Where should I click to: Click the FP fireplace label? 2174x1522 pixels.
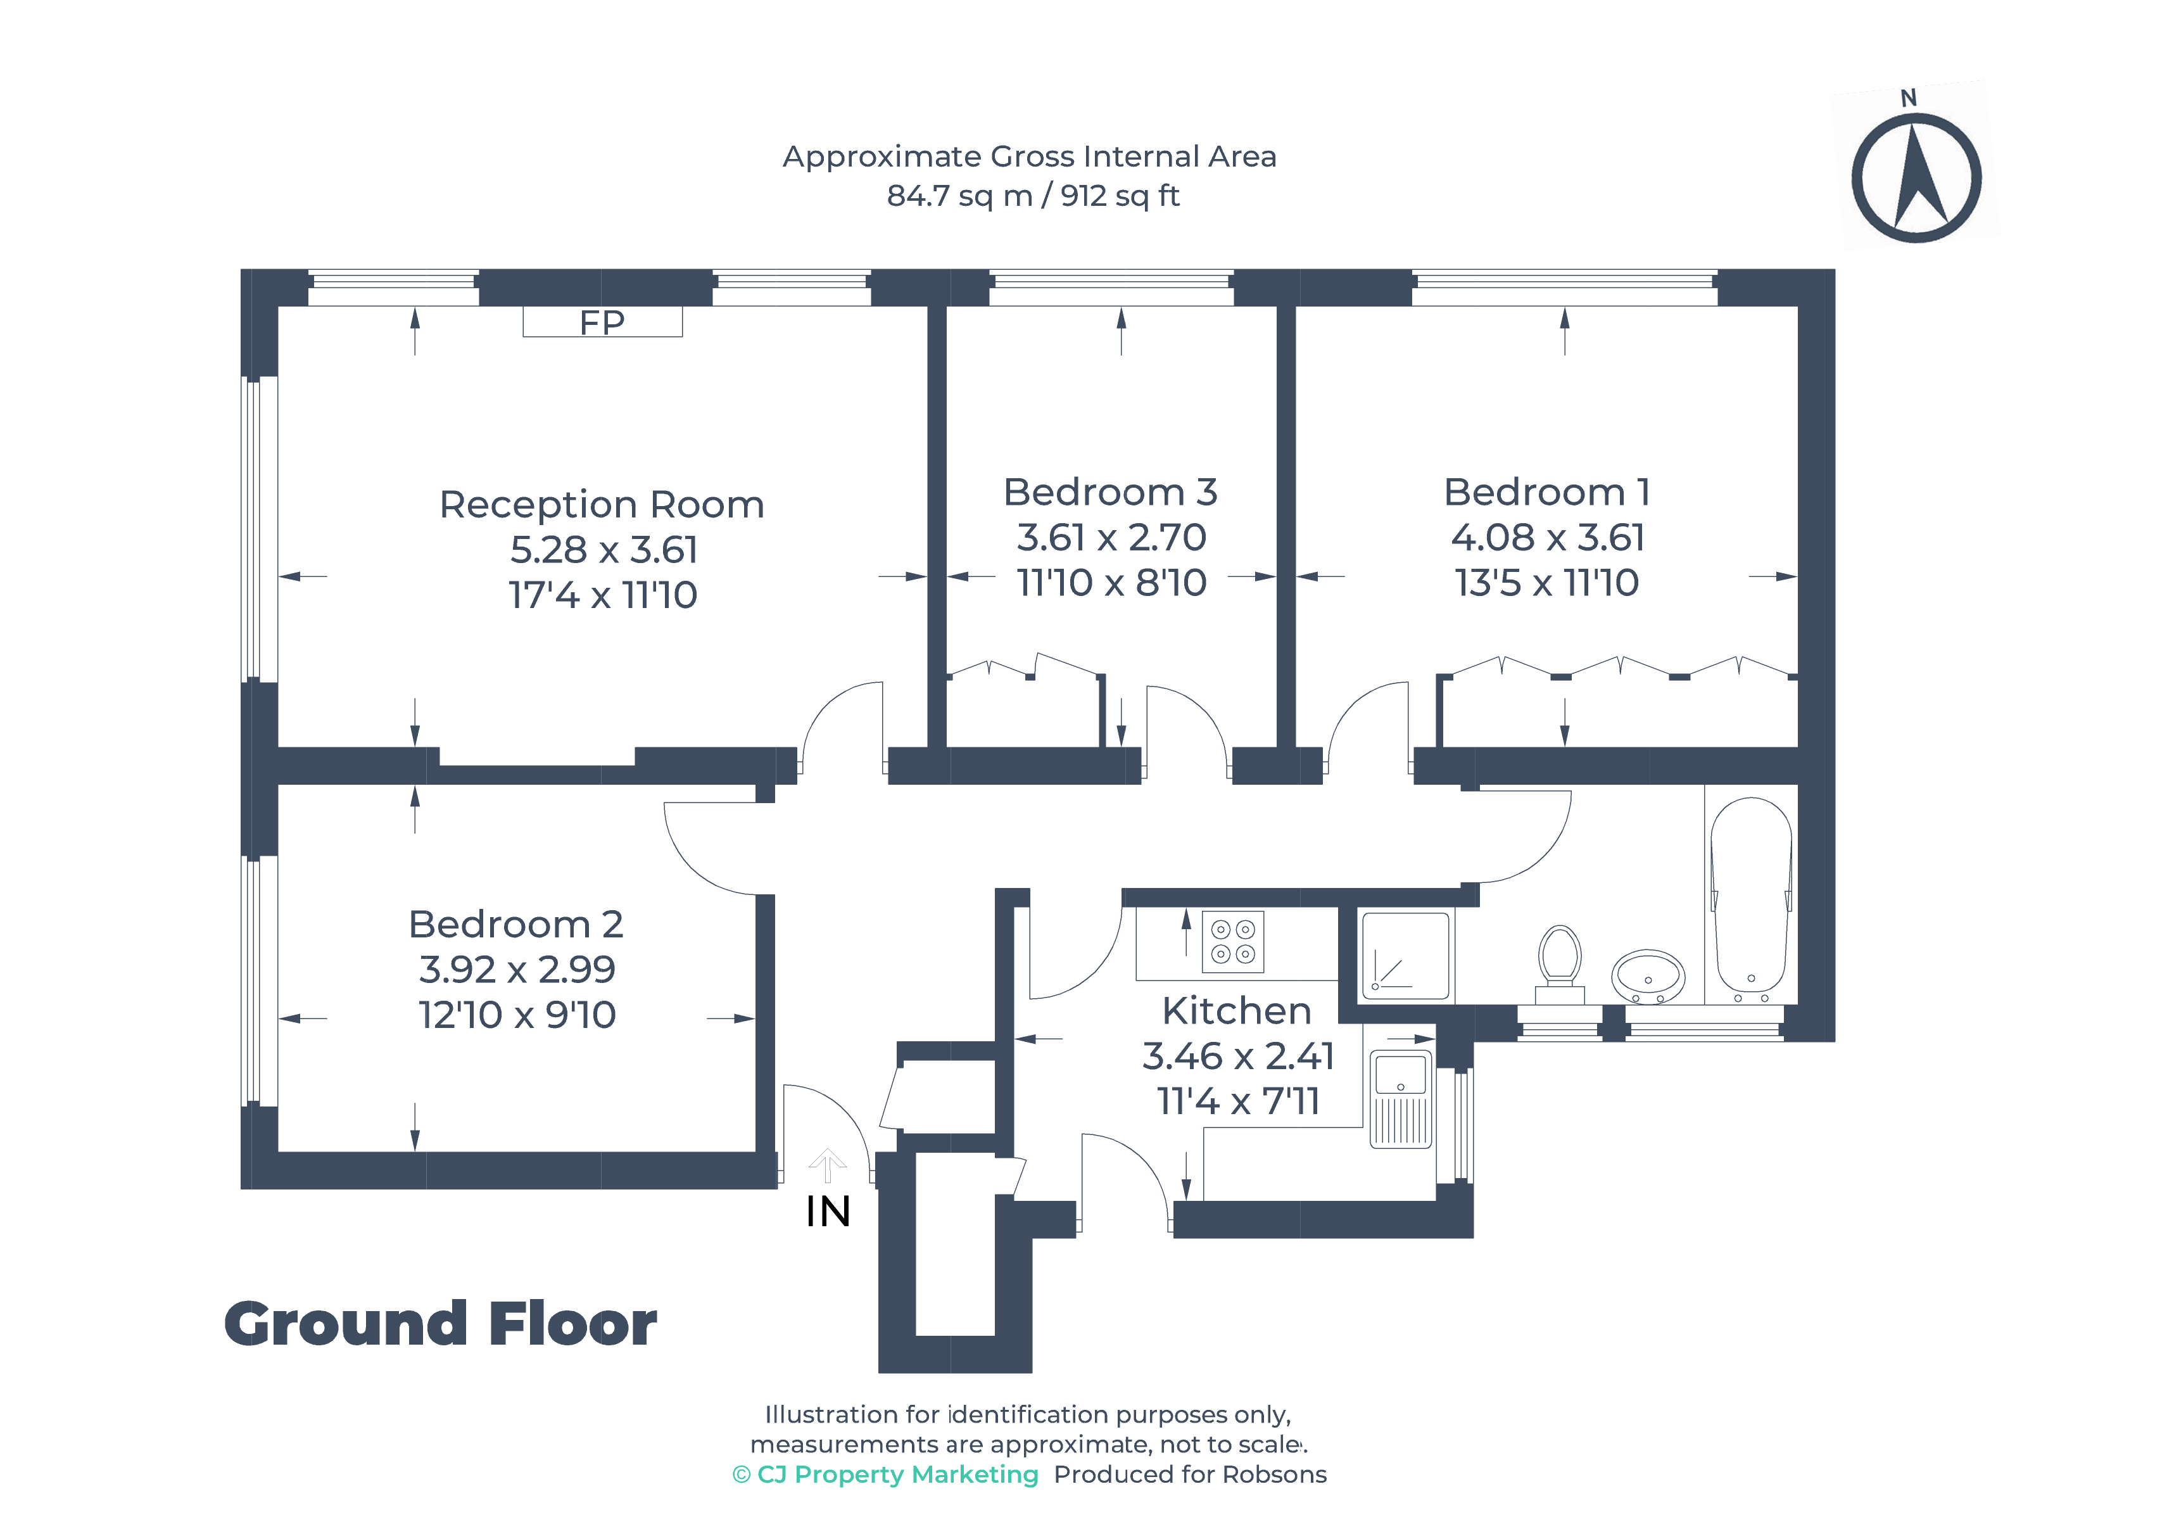click(x=602, y=323)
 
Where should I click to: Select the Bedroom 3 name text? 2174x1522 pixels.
click(x=1111, y=493)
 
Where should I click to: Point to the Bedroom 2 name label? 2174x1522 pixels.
click(x=516, y=924)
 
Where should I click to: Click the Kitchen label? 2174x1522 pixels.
click(x=1237, y=1011)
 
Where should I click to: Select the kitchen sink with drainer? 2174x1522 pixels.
click(x=1400, y=1099)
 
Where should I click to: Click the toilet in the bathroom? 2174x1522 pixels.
click(x=1560, y=964)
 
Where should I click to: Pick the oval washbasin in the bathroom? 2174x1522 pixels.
click(x=1648, y=975)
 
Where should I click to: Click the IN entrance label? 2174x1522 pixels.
click(x=828, y=1212)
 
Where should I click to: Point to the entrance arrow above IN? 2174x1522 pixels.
click(x=828, y=1165)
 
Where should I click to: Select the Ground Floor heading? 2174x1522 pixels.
click(x=440, y=1323)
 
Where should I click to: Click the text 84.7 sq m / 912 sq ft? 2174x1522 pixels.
click(x=1033, y=196)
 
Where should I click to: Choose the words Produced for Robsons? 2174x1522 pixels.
click(x=1190, y=1474)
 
